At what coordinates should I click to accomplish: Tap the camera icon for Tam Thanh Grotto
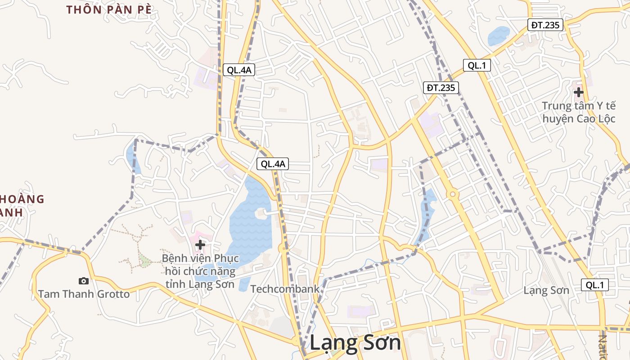83,281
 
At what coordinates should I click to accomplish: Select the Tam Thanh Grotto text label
84,294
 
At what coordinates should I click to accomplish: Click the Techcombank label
284,289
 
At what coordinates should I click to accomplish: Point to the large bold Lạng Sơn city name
355,343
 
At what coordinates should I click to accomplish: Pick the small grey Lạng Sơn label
546,290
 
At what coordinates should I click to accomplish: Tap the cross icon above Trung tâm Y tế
578,92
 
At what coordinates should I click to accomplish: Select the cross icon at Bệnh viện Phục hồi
200,245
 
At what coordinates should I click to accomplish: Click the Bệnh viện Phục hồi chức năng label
200,271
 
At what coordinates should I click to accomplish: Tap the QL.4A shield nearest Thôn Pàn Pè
239,70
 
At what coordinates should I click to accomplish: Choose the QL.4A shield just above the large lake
272,164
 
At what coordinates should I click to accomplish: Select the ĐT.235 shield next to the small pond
545,25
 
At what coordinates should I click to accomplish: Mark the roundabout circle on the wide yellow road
453,194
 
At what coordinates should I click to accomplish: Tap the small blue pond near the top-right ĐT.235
499,36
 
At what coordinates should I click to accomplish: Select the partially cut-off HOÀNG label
22,199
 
